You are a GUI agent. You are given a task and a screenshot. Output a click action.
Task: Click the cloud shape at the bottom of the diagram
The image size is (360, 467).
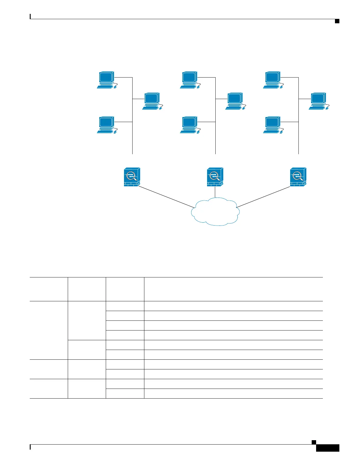(x=215, y=212)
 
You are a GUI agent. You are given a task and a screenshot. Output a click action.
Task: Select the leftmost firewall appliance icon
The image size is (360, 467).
(x=132, y=177)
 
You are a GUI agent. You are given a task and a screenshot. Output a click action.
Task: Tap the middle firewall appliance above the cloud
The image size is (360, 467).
(x=215, y=177)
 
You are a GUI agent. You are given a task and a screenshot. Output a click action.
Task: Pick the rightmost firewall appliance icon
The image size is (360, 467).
(x=298, y=177)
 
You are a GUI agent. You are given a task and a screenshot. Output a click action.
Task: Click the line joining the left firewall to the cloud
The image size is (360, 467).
(x=165, y=196)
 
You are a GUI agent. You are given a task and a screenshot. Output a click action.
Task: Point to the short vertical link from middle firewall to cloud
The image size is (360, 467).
(x=215, y=192)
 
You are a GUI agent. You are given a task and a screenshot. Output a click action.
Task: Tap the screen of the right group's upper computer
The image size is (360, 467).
(x=272, y=77)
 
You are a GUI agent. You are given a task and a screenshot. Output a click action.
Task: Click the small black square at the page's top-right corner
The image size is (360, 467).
(x=337, y=21)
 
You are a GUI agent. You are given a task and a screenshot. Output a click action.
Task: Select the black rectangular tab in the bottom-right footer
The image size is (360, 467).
(x=328, y=448)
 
